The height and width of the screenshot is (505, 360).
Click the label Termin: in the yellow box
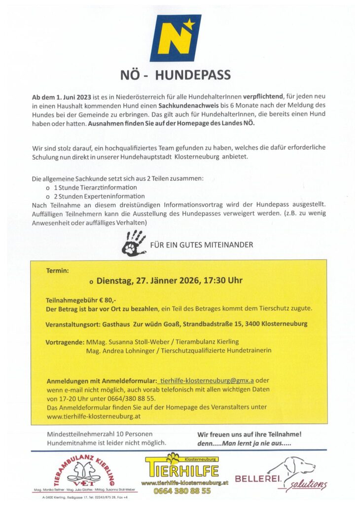(x=58, y=271)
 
